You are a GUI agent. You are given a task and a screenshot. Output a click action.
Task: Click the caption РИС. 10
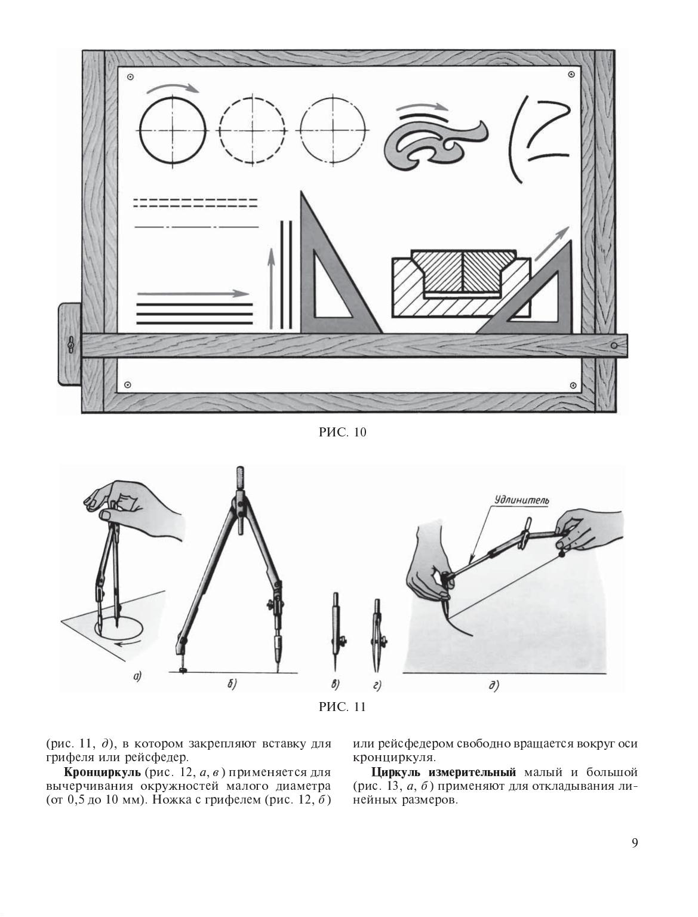coord(342,432)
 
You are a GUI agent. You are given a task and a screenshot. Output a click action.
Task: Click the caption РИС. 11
coord(342,707)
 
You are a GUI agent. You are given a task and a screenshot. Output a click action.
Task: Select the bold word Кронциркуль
coord(102,772)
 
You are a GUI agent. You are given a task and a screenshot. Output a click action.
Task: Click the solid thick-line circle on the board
coord(173,130)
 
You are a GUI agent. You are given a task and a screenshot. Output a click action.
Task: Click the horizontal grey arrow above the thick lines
coord(193,293)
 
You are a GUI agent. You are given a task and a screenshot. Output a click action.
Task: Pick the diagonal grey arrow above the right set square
coord(551,244)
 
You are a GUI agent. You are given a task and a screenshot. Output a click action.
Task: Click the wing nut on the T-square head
coord(70,344)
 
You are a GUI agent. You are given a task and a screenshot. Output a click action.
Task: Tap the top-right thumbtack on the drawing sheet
coord(571,75)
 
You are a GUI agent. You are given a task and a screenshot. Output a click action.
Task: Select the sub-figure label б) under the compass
coord(232,684)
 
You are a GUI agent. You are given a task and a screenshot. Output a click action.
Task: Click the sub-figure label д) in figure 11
coord(494,686)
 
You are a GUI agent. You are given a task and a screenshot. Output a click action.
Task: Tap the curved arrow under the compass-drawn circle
coord(129,644)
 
